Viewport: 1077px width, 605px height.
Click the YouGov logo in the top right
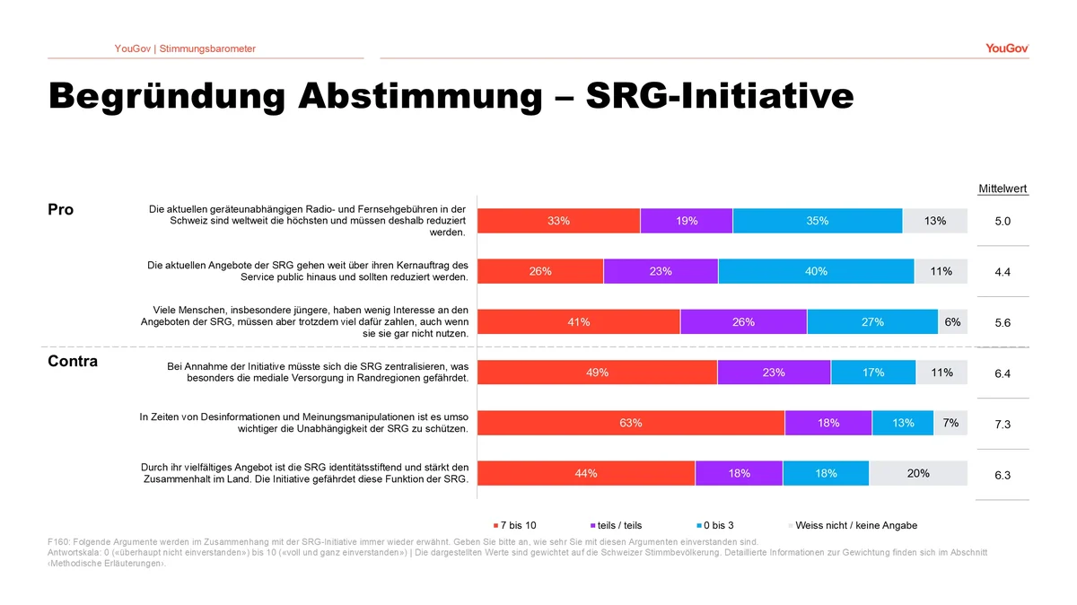coord(1006,48)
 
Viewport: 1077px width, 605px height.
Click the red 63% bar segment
coord(631,424)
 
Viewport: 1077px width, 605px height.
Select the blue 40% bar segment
coord(816,271)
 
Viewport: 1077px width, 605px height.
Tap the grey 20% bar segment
coord(918,474)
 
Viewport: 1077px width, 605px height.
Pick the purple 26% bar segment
coord(743,322)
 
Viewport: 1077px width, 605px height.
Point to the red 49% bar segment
coord(597,373)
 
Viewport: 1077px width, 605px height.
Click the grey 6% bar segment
coord(952,322)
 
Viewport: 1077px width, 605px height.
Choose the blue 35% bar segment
coord(817,221)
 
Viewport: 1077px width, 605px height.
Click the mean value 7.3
coord(1003,425)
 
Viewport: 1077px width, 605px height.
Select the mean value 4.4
coord(1003,272)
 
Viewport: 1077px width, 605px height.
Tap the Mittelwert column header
coord(1003,189)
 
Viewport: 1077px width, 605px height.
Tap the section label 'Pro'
coord(60,210)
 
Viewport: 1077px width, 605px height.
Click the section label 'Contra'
coord(72,362)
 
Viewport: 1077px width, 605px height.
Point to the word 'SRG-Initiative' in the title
coord(719,97)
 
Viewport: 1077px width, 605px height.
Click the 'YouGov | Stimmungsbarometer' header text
coord(185,48)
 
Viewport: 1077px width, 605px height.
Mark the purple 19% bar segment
coord(687,221)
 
